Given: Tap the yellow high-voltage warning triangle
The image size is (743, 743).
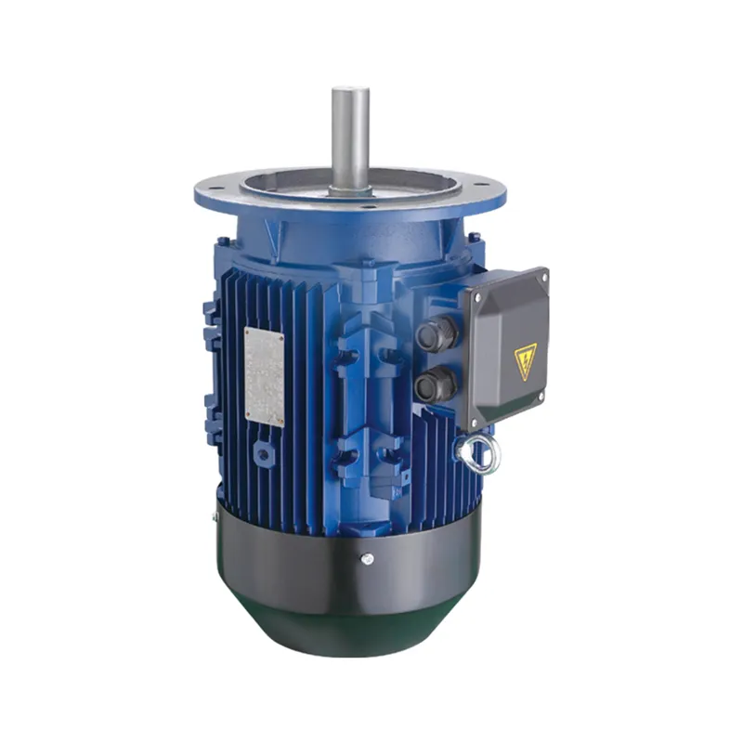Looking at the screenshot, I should (526, 360).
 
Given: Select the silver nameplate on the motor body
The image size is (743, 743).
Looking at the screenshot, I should (265, 376).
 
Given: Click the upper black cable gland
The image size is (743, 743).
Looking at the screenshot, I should (436, 333).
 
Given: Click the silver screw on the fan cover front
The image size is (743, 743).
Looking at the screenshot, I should (368, 558).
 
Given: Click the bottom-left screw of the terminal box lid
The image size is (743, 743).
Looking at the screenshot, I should (476, 424).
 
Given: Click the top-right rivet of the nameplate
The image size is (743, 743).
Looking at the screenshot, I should (280, 336).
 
